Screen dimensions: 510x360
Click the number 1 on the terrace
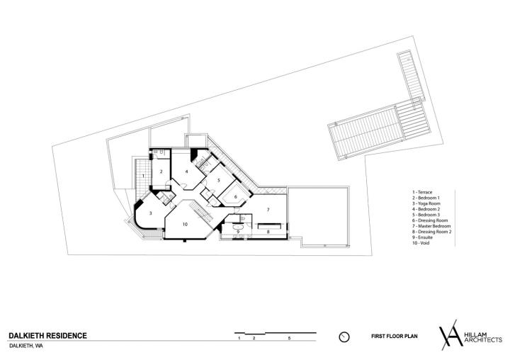[143, 176]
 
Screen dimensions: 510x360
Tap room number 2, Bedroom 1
[161, 171]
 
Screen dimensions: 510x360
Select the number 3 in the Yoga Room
[150, 213]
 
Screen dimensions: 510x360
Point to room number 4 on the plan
[187, 171]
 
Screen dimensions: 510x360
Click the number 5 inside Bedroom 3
[219, 180]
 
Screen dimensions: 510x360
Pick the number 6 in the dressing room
[236, 196]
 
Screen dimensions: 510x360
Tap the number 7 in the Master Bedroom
[268, 209]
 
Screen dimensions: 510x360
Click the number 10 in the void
[185, 224]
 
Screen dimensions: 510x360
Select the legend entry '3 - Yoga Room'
[426, 203]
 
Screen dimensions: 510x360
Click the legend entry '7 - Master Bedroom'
[431, 226]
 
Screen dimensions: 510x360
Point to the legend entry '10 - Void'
[421, 243]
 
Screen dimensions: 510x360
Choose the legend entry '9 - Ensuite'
[422, 237]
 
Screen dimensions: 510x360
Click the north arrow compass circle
[344, 337]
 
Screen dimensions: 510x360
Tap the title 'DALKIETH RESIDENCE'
[48, 336]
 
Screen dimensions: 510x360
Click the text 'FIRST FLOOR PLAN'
[395, 336]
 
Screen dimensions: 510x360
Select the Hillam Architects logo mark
[450, 334]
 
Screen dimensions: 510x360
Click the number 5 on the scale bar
[289, 338]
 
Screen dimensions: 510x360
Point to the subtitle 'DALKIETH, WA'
[26, 346]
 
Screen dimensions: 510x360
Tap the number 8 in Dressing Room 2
[268, 232]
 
